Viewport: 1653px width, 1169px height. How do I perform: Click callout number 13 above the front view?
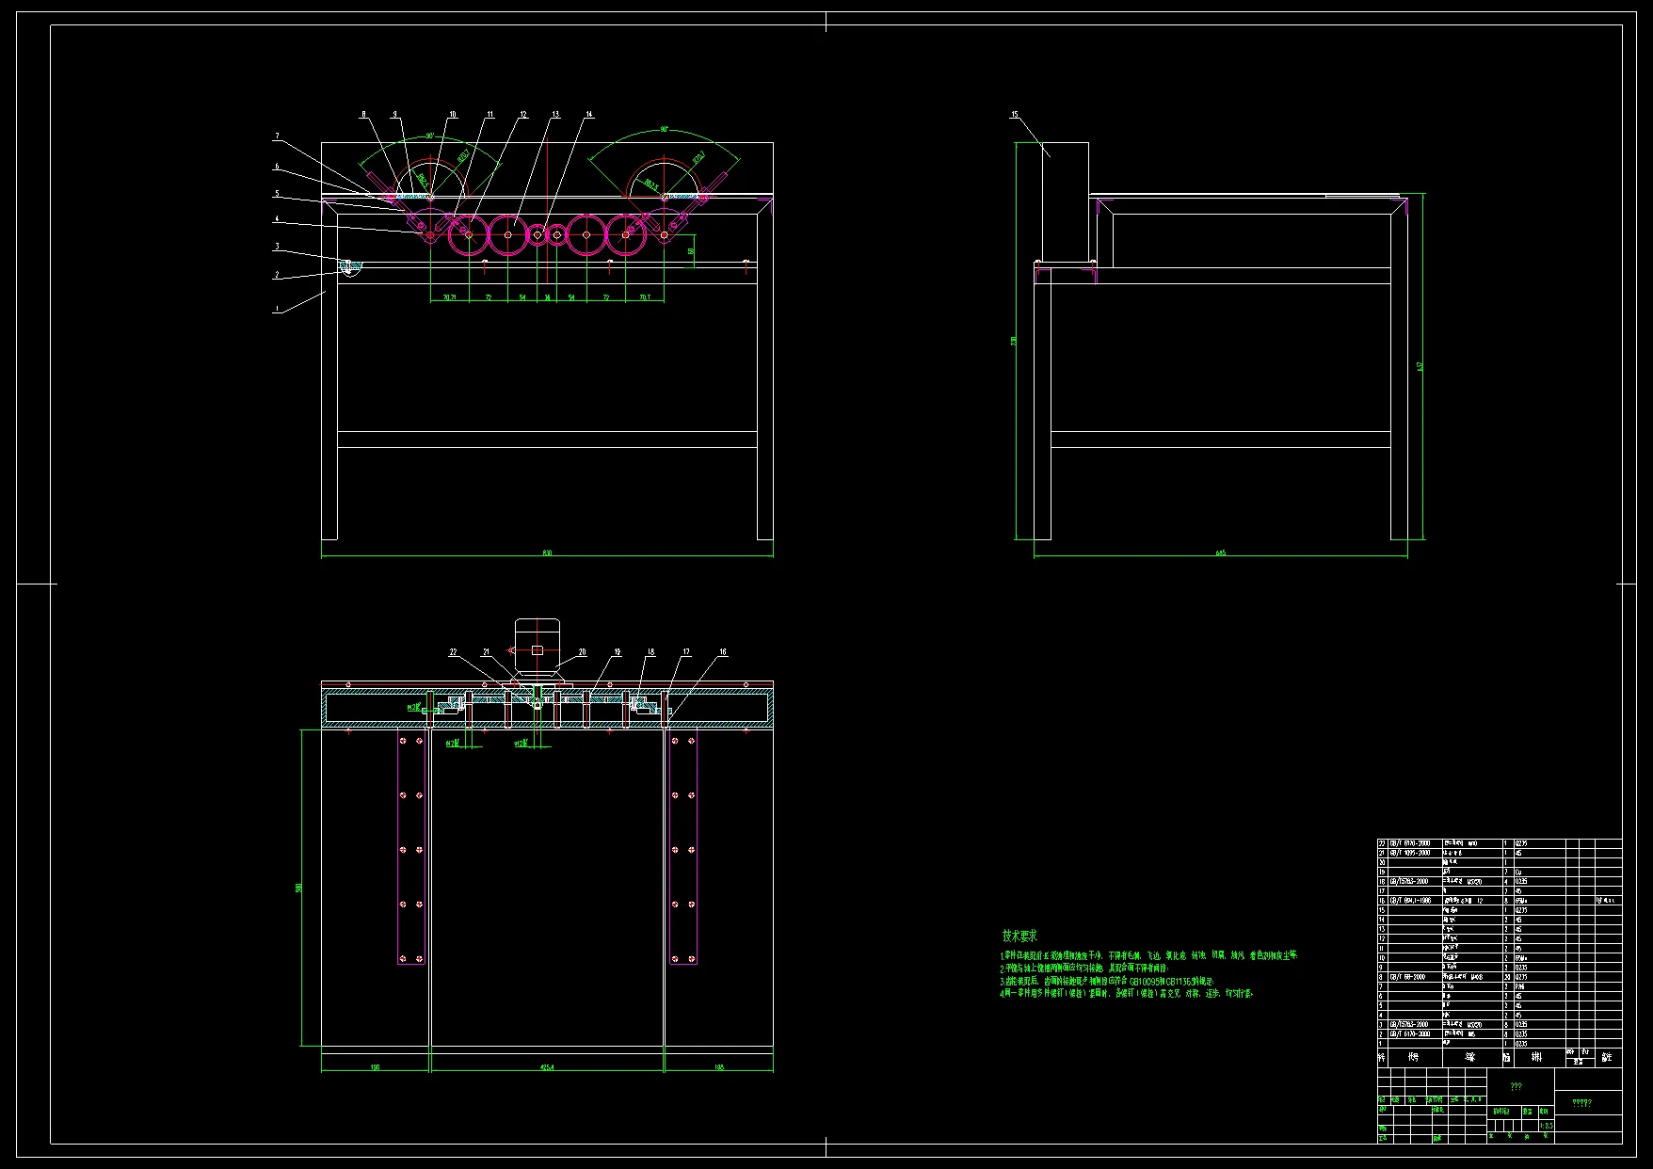pos(555,115)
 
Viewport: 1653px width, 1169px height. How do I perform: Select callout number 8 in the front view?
pos(364,115)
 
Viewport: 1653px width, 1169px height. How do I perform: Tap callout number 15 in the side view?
pos(1015,115)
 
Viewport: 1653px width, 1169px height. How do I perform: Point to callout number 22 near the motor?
pos(453,651)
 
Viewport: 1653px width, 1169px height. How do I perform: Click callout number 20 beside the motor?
pos(583,651)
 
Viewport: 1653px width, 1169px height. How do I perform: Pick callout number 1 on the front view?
pos(277,309)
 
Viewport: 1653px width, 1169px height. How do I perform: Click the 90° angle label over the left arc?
pos(429,136)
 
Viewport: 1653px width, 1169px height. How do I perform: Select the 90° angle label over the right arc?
pos(664,130)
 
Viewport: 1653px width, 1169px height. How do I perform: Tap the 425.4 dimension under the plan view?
pos(547,1067)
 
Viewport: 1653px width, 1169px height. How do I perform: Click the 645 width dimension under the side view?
pos(1221,553)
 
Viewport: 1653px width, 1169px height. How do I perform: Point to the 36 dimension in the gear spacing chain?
pos(547,297)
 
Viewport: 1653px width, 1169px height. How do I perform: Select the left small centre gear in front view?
pos(537,234)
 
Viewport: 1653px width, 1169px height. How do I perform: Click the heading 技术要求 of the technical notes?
pos(1019,936)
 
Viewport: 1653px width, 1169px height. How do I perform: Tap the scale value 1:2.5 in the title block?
pos(1548,1125)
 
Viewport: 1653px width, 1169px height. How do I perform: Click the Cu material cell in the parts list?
pos(1518,873)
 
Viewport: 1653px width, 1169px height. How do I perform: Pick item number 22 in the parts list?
pos(1382,843)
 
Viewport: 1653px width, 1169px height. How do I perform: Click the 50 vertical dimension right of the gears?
pos(691,251)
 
